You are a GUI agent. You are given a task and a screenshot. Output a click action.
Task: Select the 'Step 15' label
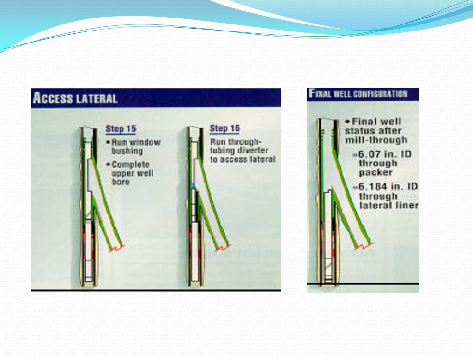(x=121, y=128)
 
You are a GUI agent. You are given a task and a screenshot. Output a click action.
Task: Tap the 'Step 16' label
(x=224, y=128)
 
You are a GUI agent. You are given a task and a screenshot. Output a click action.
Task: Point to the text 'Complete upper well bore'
(x=132, y=173)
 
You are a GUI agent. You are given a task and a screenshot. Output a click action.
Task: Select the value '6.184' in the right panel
(x=374, y=187)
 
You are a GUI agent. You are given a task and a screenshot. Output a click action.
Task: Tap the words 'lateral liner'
(x=388, y=206)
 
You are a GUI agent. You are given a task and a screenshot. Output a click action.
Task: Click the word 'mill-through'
(x=376, y=140)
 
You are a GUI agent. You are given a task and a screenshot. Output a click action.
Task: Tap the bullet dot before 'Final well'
(x=347, y=122)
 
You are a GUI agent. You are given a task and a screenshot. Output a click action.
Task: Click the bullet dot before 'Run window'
(x=108, y=142)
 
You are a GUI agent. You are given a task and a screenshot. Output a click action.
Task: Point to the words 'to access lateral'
(x=243, y=159)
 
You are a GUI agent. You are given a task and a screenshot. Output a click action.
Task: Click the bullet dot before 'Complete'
(x=108, y=165)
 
